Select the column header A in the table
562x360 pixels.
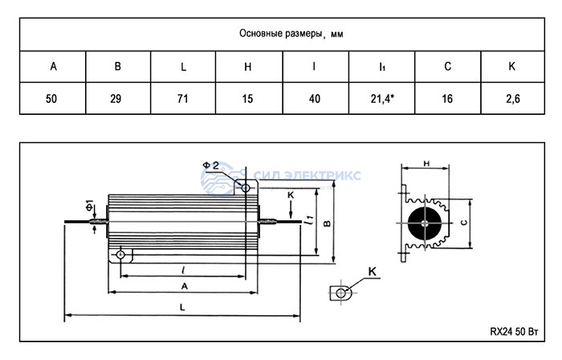point(53,66)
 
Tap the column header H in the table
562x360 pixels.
point(248,66)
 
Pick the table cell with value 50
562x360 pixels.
point(53,99)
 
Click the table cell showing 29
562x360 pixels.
point(118,99)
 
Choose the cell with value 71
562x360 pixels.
point(183,99)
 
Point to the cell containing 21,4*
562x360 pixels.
point(381,99)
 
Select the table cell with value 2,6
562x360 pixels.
point(511,99)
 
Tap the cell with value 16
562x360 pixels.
point(446,99)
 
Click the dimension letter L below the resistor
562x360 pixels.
point(183,308)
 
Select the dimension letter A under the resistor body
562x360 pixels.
point(185,286)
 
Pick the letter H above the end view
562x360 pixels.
point(426,163)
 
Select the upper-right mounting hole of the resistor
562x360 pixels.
point(246,188)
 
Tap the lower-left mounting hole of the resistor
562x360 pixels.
point(120,255)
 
